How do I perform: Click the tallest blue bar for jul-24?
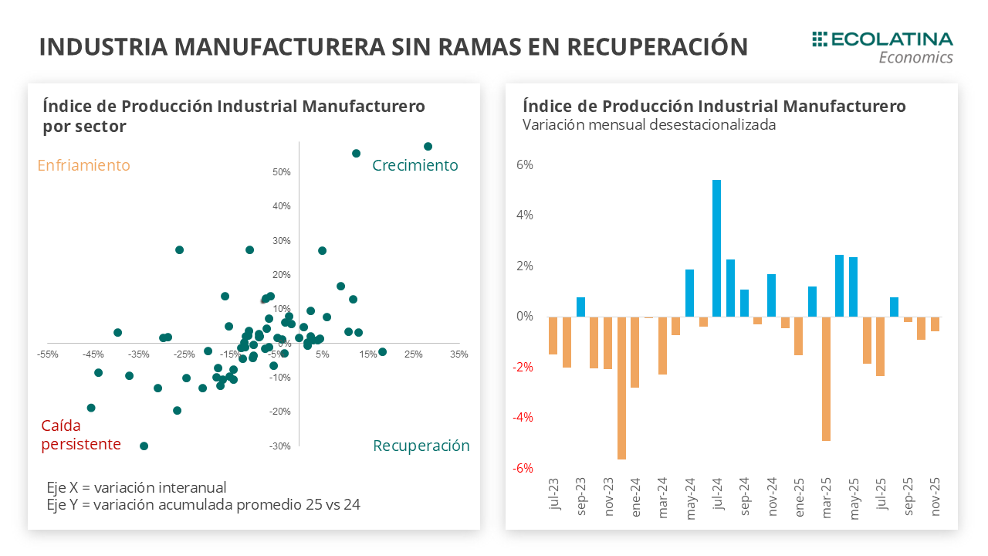pos(716,248)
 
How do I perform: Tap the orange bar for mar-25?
pos(826,378)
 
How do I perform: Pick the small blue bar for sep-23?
pos(580,307)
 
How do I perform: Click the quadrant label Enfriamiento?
pos(83,165)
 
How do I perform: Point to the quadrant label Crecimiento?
pos(415,165)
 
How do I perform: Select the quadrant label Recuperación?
pos(421,446)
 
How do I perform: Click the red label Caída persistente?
pos(81,435)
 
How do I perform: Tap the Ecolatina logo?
pos(882,47)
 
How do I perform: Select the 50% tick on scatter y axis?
pos(281,171)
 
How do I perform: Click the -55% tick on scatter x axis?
pos(48,354)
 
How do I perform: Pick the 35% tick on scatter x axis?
pos(458,354)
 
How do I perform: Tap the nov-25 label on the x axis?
pos(935,495)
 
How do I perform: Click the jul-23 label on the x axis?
pos(553,495)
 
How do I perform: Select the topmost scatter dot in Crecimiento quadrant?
pos(428,146)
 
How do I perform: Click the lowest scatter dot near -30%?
pos(144,446)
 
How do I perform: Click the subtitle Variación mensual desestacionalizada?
pos(649,124)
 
